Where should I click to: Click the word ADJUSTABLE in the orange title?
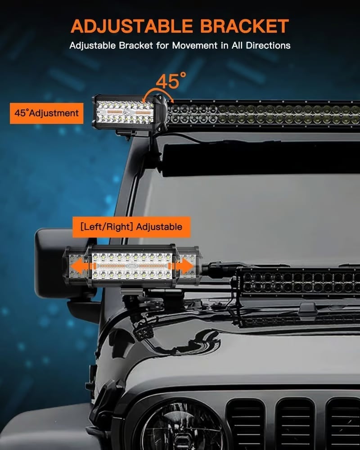[x=132, y=26]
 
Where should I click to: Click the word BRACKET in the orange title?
[x=245, y=26]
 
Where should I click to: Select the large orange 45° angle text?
[x=171, y=80]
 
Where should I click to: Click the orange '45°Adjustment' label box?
[x=46, y=113]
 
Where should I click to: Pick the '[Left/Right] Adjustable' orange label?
[x=131, y=227]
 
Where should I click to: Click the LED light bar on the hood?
[x=297, y=282]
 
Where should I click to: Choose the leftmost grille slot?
[x=245, y=424]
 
